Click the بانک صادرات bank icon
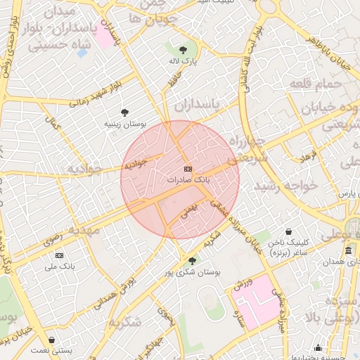coord(188,169)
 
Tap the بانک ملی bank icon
coord(59,255)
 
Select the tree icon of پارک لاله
coord(184,50)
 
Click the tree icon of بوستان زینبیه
coord(124,112)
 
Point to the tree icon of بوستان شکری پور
coord(192,260)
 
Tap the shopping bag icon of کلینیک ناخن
coord(288,231)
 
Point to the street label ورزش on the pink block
coord(239,283)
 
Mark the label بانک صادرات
coord(188,180)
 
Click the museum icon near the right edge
coord(349,251)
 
